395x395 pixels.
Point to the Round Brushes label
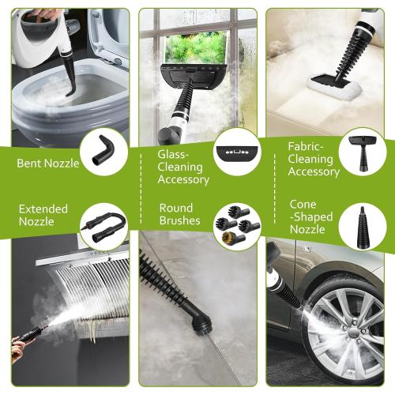[x=179, y=214]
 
